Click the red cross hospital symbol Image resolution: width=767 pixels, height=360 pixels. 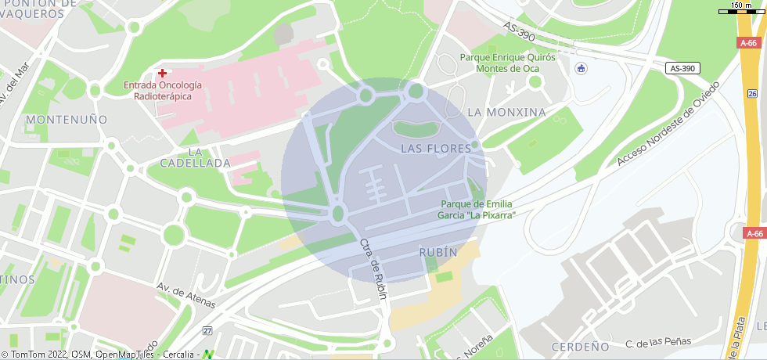pyautogui.click(x=162, y=73)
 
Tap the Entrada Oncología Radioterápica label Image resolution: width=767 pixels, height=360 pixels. pyautogui.click(x=163, y=91)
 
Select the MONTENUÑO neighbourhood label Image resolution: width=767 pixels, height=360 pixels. pyautogui.click(x=67, y=120)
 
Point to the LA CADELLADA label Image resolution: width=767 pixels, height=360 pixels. pyautogui.click(x=195, y=157)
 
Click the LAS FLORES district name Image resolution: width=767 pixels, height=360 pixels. pyautogui.click(x=436, y=148)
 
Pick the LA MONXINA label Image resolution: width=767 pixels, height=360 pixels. pyautogui.click(x=506, y=112)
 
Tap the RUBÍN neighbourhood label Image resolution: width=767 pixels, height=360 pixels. pyautogui.click(x=438, y=253)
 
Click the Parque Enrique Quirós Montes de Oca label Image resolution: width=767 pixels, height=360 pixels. pyautogui.click(x=507, y=63)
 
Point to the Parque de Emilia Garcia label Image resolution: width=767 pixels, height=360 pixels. pyautogui.click(x=477, y=209)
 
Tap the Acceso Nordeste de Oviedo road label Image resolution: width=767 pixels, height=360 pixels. pyautogui.click(x=666, y=123)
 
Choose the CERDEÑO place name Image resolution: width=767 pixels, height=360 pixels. pyautogui.click(x=580, y=346)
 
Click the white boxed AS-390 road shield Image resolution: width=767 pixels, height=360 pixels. pyautogui.click(x=682, y=69)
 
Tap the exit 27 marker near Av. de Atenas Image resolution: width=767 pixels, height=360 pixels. pyautogui.click(x=207, y=331)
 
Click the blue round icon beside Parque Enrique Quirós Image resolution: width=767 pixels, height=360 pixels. pyautogui.click(x=580, y=69)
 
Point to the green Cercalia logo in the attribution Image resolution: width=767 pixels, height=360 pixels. pyautogui.click(x=207, y=354)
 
